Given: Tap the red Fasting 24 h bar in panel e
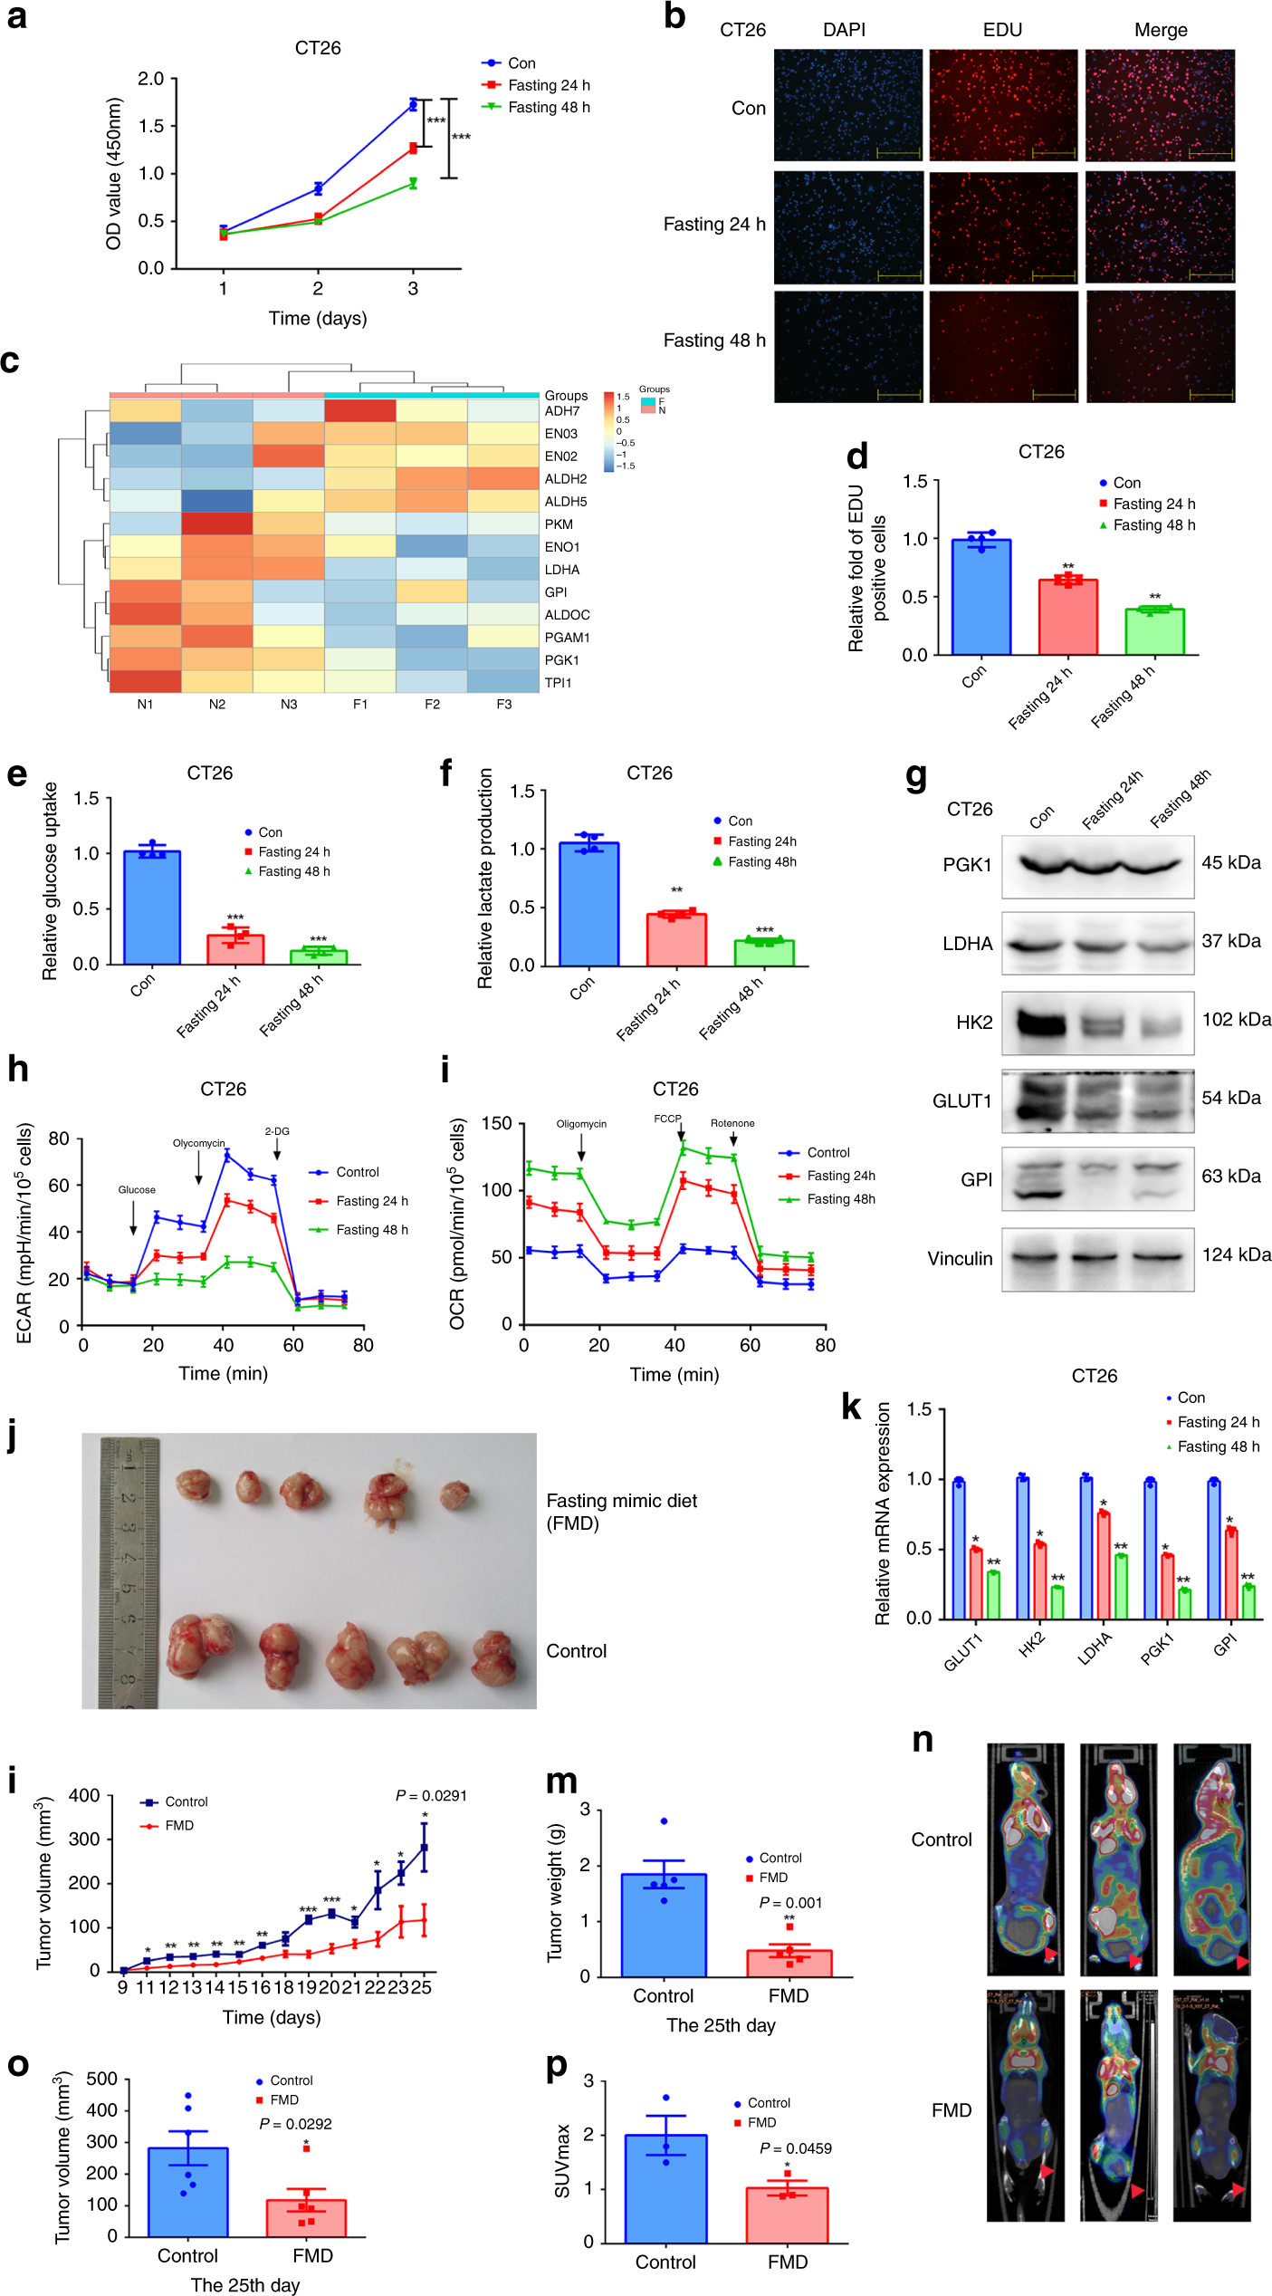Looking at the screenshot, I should (x=235, y=950).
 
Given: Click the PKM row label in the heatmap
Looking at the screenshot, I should (x=559, y=524).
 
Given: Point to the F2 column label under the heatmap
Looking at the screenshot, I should (x=432, y=704).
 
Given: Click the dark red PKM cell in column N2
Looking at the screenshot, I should (x=217, y=524).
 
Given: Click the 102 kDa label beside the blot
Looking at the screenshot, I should (x=1236, y=1020).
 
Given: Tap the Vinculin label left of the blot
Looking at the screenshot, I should (x=960, y=1258).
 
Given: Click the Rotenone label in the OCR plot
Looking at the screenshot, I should (x=732, y=1123).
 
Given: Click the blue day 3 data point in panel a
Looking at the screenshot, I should (x=413, y=105).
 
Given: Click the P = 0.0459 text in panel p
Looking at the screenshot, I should (x=795, y=2148).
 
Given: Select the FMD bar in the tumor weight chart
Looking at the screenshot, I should (x=789, y=1963).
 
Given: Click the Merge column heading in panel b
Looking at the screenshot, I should (x=1161, y=30).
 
